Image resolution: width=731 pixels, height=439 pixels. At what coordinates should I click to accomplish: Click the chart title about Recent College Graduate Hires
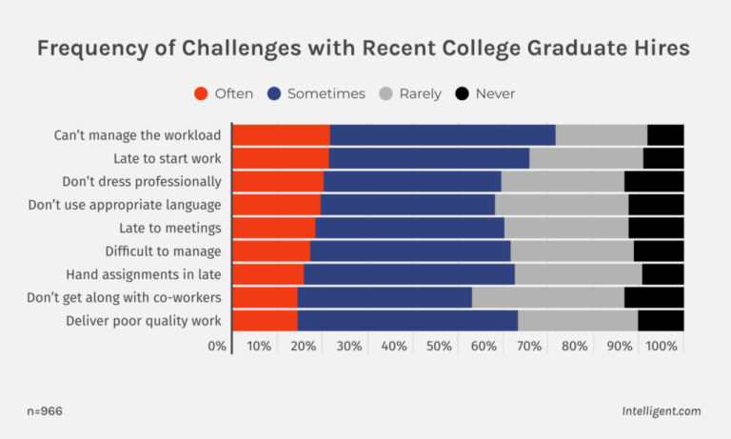(x=365, y=49)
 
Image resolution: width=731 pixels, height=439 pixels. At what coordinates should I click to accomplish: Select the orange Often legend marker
(x=201, y=93)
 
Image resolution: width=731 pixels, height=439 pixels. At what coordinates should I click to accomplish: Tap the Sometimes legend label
(x=326, y=93)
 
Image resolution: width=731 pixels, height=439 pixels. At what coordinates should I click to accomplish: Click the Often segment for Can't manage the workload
(x=281, y=135)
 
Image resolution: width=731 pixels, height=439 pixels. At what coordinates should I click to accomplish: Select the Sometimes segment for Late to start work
(x=428, y=158)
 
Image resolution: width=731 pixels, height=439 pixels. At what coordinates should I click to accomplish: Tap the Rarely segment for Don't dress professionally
(x=563, y=181)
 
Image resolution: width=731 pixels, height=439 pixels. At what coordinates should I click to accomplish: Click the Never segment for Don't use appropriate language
(x=656, y=205)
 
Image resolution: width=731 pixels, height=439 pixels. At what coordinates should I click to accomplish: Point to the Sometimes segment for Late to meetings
(x=409, y=228)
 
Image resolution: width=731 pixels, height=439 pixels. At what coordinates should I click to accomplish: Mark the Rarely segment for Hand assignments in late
(x=578, y=274)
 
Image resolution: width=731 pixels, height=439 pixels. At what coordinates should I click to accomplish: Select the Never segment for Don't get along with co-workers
(x=654, y=297)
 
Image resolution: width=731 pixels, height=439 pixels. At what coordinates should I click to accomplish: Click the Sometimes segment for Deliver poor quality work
(x=407, y=321)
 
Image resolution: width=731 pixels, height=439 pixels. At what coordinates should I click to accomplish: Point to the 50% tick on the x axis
(x=439, y=346)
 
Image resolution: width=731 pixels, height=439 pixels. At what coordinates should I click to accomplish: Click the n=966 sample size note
(x=46, y=411)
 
